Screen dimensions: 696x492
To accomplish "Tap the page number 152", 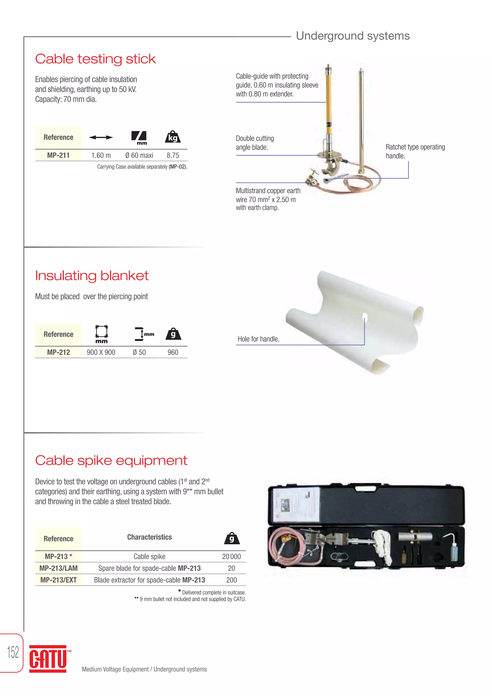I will [x=13, y=652].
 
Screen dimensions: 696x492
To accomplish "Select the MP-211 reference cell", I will [x=58, y=155].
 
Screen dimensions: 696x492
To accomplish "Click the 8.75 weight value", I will [x=173, y=155].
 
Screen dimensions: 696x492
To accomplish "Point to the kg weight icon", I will [x=173, y=137].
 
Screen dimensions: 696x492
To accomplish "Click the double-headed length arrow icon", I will [x=101, y=137].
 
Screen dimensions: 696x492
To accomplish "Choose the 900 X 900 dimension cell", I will [x=101, y=352].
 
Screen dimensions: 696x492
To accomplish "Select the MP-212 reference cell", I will [x=58, y=352].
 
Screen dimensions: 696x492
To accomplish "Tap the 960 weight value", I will [x=173, y=352].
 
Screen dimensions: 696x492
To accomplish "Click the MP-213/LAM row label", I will [x=58, y=568].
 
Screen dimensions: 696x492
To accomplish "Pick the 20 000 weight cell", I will [x=231, y=557].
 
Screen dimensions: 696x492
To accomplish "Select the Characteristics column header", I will [x=149, y=537].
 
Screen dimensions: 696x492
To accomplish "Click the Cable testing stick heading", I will [x=95, y=59].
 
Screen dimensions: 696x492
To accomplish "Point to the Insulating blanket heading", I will [x=92, y=276].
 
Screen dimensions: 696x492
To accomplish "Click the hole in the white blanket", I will [x=365, y=317].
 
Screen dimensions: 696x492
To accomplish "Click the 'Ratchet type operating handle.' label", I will [x=415, y=151].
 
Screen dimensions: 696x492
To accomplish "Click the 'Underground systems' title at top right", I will [x=353, y=36].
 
